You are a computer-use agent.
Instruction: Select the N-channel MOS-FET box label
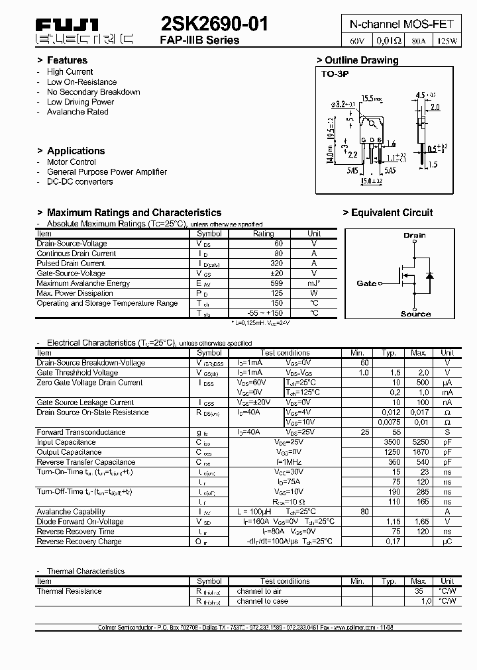401,24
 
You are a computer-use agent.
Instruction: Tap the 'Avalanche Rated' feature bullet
78,112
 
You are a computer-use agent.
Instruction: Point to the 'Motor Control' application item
71,162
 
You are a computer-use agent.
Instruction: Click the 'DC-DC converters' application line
79,181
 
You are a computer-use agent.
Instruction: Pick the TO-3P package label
335,73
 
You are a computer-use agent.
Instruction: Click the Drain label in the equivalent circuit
415,235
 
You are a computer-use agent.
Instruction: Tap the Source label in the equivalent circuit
415,314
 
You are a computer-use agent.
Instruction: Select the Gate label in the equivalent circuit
366,283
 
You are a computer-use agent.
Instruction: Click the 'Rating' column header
263,234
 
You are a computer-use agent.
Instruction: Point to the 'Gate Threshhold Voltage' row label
78,373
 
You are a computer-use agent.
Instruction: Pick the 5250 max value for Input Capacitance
419,442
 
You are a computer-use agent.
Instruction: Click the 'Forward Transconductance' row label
81,432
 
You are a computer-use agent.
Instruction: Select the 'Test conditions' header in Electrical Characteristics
285,353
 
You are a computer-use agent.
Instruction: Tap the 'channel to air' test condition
259,591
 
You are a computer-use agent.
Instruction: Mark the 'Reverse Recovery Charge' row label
79,542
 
